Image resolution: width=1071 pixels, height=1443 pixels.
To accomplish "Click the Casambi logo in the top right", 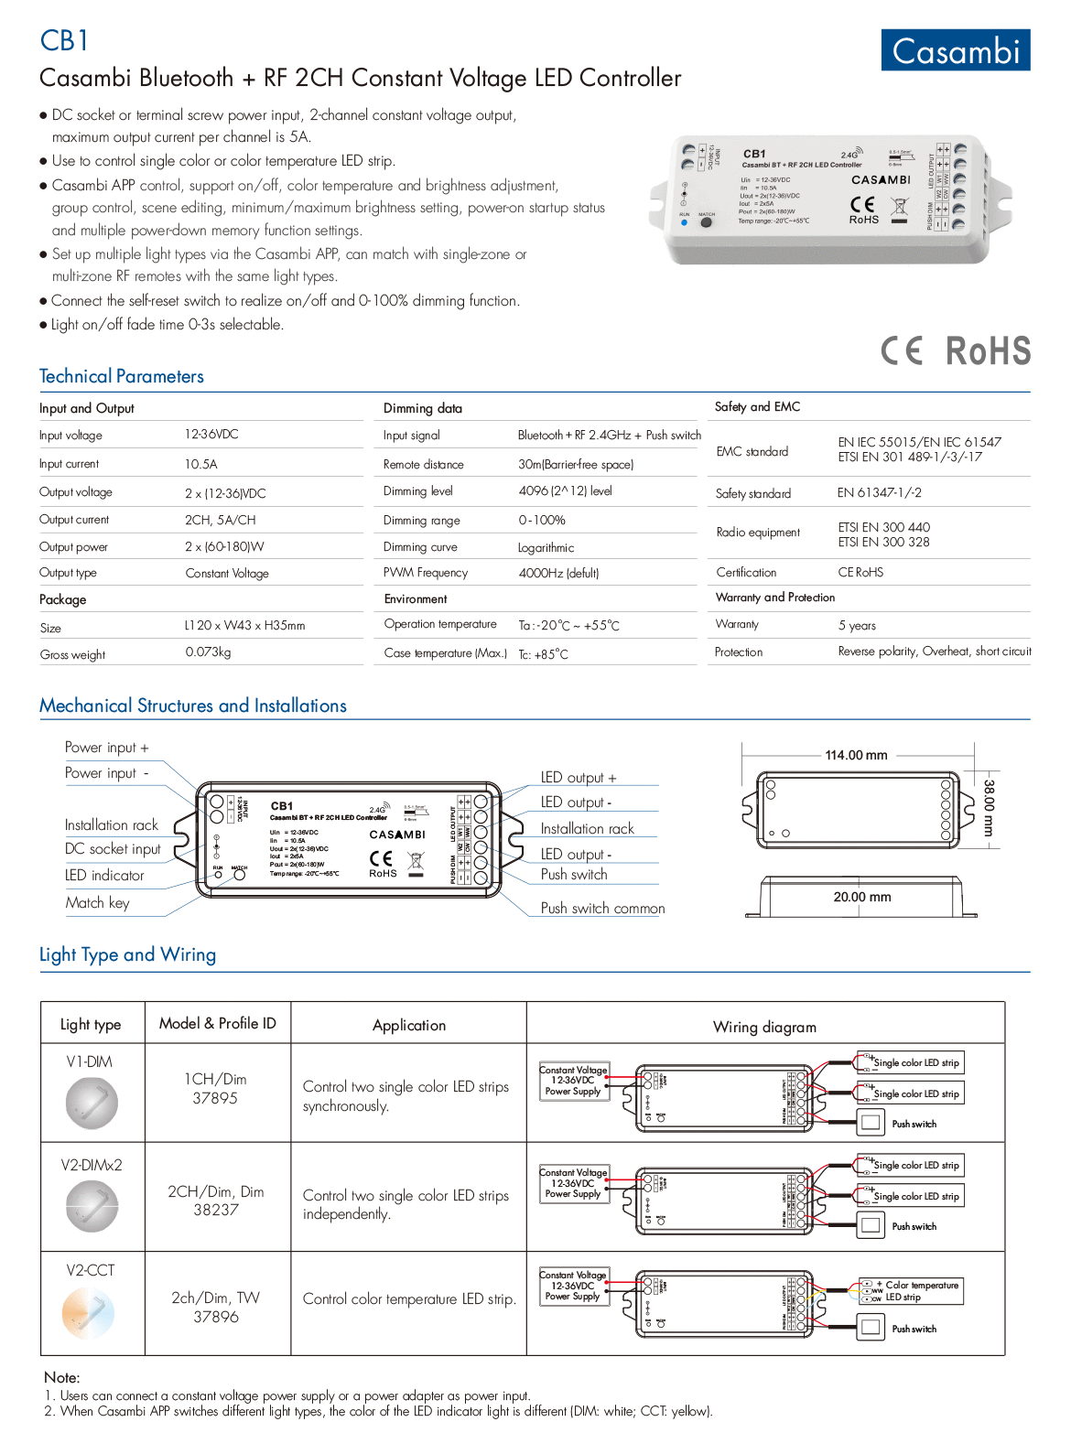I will [955, 50].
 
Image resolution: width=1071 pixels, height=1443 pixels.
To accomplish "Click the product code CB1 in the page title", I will [64, 40].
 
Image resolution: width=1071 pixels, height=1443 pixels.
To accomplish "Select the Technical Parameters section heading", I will [122, 376].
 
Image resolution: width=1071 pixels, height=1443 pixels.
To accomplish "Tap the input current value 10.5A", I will [201, 464].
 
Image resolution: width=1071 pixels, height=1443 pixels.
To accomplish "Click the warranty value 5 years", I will [857, 625].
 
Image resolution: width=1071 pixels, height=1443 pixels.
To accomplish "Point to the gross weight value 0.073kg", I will [208, 652].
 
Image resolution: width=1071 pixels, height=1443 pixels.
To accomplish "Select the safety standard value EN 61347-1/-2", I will [879, 492].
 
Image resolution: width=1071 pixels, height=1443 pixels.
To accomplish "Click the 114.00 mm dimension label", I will [856, 755].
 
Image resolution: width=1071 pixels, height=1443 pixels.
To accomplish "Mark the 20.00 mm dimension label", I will [861, 897].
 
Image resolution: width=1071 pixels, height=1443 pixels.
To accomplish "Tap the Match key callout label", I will [98, 902].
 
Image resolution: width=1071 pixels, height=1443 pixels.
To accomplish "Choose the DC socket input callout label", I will [113, 849].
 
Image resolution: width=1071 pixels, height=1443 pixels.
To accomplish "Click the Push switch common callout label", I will [602, 908].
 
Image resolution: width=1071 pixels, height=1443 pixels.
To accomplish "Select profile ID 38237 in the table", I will [216, 1210].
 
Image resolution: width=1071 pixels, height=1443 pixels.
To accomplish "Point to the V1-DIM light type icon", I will [92, 1103].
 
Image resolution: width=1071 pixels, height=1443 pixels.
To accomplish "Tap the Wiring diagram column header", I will [764, 1027].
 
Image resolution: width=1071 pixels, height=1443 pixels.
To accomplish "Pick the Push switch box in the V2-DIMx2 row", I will [871, 1224].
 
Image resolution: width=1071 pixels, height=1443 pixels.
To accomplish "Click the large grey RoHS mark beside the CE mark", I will [988, 350].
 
